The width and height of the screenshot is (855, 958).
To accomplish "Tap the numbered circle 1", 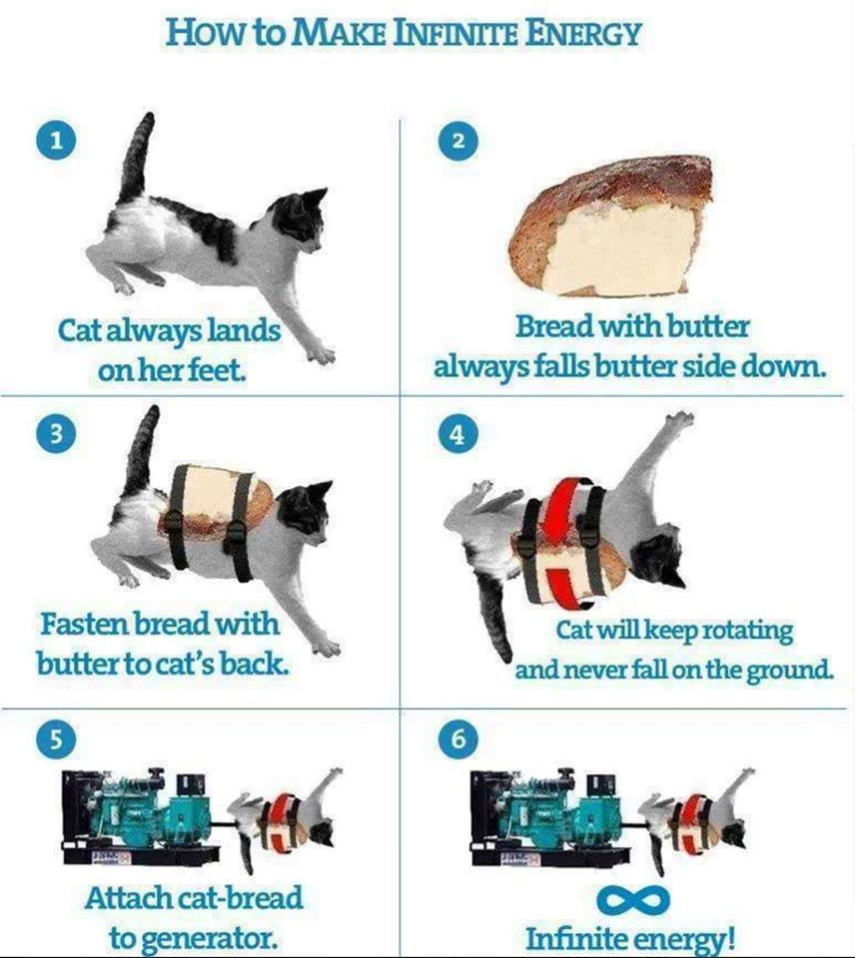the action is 56,141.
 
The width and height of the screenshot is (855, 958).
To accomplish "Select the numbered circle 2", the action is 458,141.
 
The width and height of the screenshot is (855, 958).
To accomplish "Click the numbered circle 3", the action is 56,433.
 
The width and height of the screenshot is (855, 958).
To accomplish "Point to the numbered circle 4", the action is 458,433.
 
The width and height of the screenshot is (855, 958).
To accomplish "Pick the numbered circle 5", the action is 56,738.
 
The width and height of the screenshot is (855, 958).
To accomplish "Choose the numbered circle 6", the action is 458,738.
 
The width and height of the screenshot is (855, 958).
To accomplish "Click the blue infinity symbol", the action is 632,899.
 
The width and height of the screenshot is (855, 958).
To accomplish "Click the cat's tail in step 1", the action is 136,160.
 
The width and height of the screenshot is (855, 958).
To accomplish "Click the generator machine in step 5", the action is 141,815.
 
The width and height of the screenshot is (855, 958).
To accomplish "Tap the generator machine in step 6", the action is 547,815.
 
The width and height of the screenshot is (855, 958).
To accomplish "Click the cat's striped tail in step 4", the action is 493,614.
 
